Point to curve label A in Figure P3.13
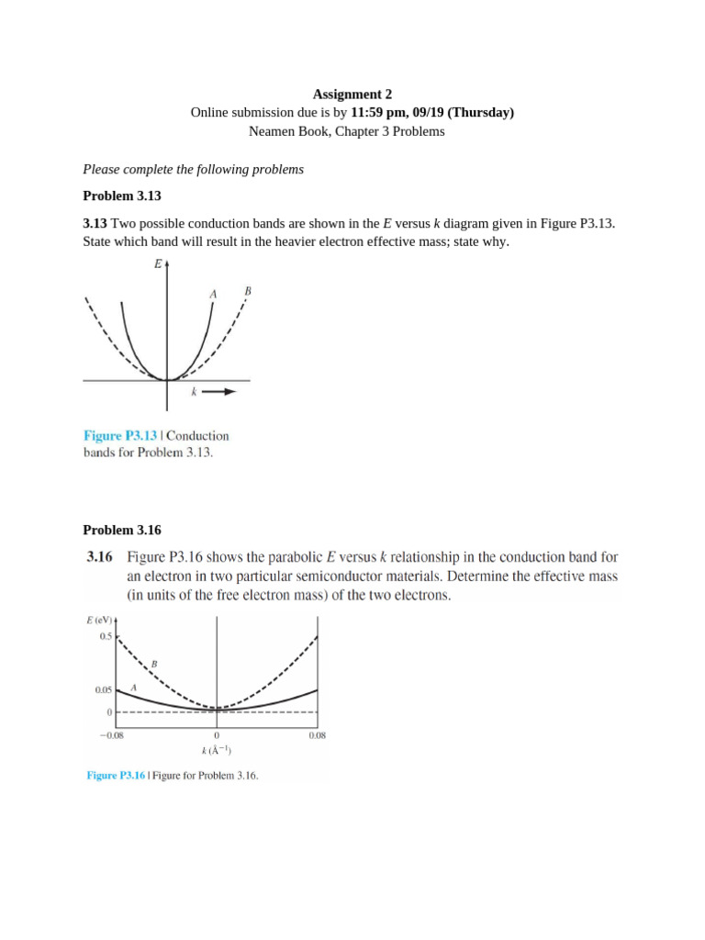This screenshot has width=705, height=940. (213, 294)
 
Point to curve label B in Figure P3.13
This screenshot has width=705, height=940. (247, 291)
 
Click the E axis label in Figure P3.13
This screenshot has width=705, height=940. (158, 264)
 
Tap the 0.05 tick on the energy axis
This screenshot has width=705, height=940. (103, 689)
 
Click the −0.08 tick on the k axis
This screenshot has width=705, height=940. (113, 734)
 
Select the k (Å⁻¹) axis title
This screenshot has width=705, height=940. (217, 750)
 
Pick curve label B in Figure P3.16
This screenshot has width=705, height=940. (154, 663)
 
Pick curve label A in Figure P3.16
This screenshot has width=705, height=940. (134, 687)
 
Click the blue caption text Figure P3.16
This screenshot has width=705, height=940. (115, 776)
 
